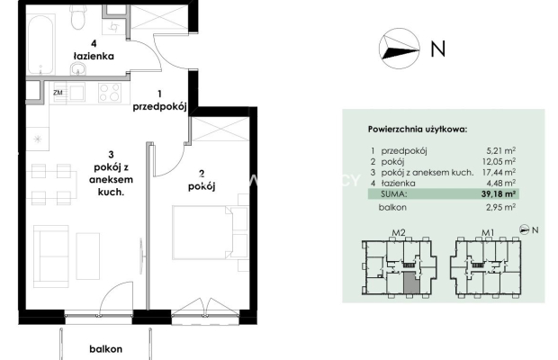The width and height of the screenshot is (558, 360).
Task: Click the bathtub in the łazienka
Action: click(x=40, y=44)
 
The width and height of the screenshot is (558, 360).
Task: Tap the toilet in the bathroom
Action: click(x=77, y=19)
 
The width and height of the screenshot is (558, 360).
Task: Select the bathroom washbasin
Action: click(x=77, y=68)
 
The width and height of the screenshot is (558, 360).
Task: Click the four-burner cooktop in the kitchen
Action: click(x=110, y=93)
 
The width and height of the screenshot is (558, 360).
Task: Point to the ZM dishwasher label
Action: click(x=58, y=93)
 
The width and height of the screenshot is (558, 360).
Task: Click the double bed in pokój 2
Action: click(x=211, y=232)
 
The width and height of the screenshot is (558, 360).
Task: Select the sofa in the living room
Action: click(x=51, y=256)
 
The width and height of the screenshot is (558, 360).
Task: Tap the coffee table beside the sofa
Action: click(x=88, y=256)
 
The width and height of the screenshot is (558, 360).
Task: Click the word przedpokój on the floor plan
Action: click(x=160, y=107)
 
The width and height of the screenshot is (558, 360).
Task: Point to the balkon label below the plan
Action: click(x=105, y=349)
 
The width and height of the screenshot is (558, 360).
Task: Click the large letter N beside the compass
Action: click(x=437, y=49)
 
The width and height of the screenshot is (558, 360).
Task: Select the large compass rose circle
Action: click(x=400, y=49)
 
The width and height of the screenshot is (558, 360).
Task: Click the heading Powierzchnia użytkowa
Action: click(x=418, y=129)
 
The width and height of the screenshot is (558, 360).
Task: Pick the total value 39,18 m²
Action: click(x=499, y=193)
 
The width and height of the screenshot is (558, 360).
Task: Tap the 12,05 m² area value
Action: click(x=499, y=161)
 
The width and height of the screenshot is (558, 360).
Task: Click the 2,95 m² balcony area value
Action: click(x=500, y=207)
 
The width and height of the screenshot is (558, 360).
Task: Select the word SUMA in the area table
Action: click(x=393, y=194)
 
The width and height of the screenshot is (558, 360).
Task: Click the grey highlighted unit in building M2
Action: click(x=411, y=283)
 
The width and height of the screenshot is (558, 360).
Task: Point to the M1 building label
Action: click(x=488, y=233)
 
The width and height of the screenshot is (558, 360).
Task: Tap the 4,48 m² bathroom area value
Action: click(x=500, y=184)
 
